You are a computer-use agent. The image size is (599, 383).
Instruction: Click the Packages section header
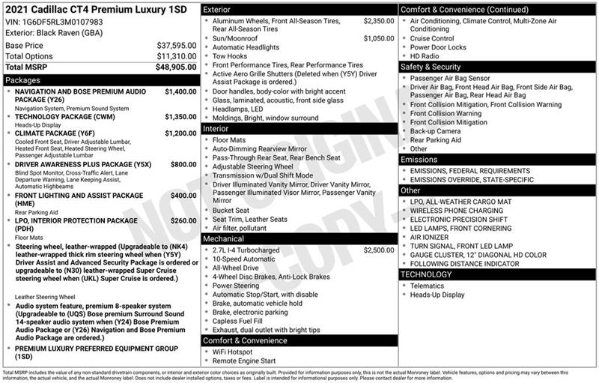tap(23, 79)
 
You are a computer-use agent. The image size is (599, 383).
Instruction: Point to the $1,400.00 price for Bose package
tap(180, 91)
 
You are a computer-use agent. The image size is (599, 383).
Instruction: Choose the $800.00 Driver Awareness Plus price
tap(183, 164)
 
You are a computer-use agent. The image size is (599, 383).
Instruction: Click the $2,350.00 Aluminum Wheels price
tap(378, 20)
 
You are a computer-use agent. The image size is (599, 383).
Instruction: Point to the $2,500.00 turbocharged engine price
tap(378, 250)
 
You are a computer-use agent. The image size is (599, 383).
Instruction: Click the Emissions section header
tap(419, 160)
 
